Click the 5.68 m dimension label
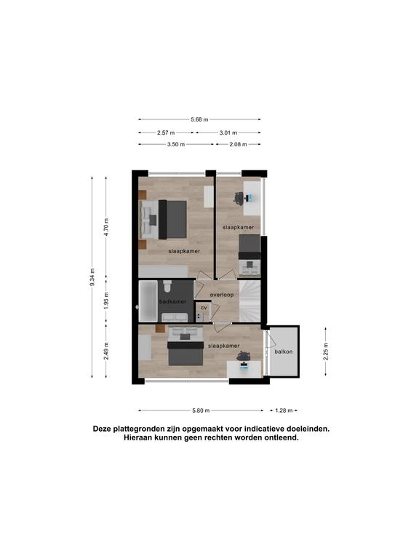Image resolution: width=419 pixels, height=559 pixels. coord(199,119)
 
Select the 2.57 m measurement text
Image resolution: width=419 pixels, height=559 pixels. coord(166,132)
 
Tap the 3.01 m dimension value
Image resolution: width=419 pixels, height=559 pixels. coord(228,132)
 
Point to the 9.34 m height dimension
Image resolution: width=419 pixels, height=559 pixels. coord(92,277)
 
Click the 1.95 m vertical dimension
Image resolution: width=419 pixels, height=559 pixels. coord(106,301)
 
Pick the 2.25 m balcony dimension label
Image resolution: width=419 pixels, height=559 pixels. coord(326,352)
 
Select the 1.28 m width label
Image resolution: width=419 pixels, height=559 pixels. coord(284,411)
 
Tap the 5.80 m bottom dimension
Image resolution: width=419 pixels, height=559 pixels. coord(201,411)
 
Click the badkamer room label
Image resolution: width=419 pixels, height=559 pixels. coord(173,301)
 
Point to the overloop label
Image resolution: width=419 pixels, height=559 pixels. coord(222,295)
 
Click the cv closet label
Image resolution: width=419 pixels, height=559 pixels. coord(204,307)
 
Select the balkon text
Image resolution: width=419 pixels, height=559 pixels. coord(284,352)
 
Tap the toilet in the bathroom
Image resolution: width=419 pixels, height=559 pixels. coord(167,286)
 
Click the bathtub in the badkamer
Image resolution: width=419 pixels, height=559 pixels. coord(148,301)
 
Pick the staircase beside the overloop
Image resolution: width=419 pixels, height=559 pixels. coord(250,301)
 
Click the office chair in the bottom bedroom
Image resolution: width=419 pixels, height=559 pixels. coord(244,356)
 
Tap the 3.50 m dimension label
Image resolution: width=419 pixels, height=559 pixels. coord(176,144)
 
